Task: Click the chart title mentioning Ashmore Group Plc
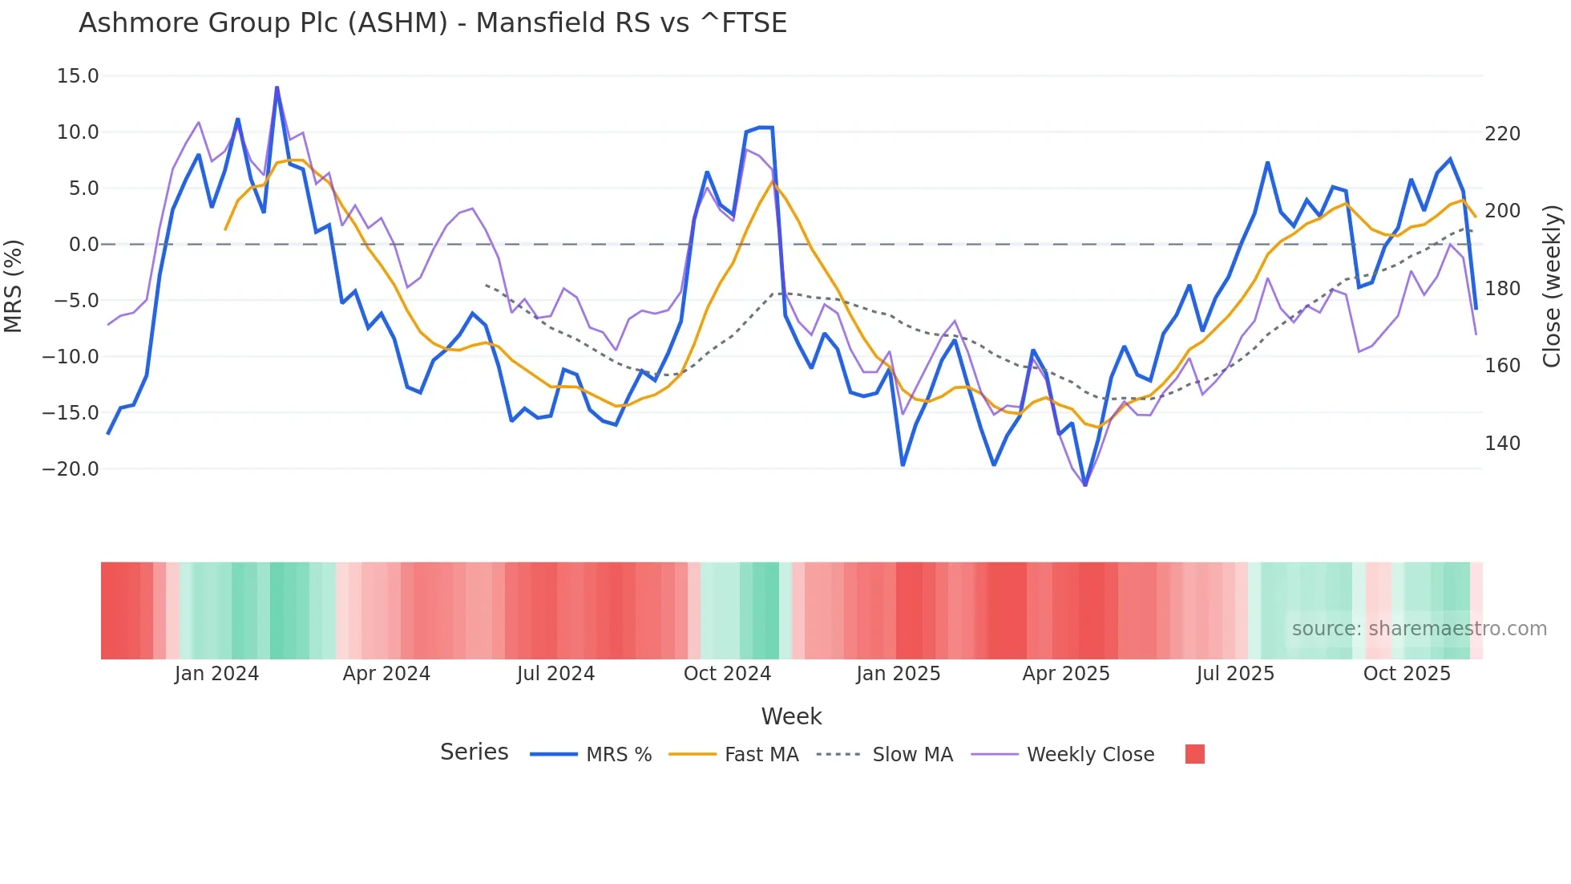433,23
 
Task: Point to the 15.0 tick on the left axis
78,76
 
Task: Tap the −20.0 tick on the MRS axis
71,469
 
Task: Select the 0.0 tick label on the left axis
83,245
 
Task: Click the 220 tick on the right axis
1502,134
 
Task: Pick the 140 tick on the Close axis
1502,444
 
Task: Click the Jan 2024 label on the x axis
216,674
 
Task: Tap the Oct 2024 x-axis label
727,674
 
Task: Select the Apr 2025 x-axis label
1066,674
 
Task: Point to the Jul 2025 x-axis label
1235,674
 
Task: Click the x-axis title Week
791,716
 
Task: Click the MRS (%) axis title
14,286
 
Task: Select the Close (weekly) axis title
1553,286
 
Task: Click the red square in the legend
1194,754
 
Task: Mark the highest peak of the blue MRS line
277,87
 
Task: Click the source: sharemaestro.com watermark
1419,629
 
